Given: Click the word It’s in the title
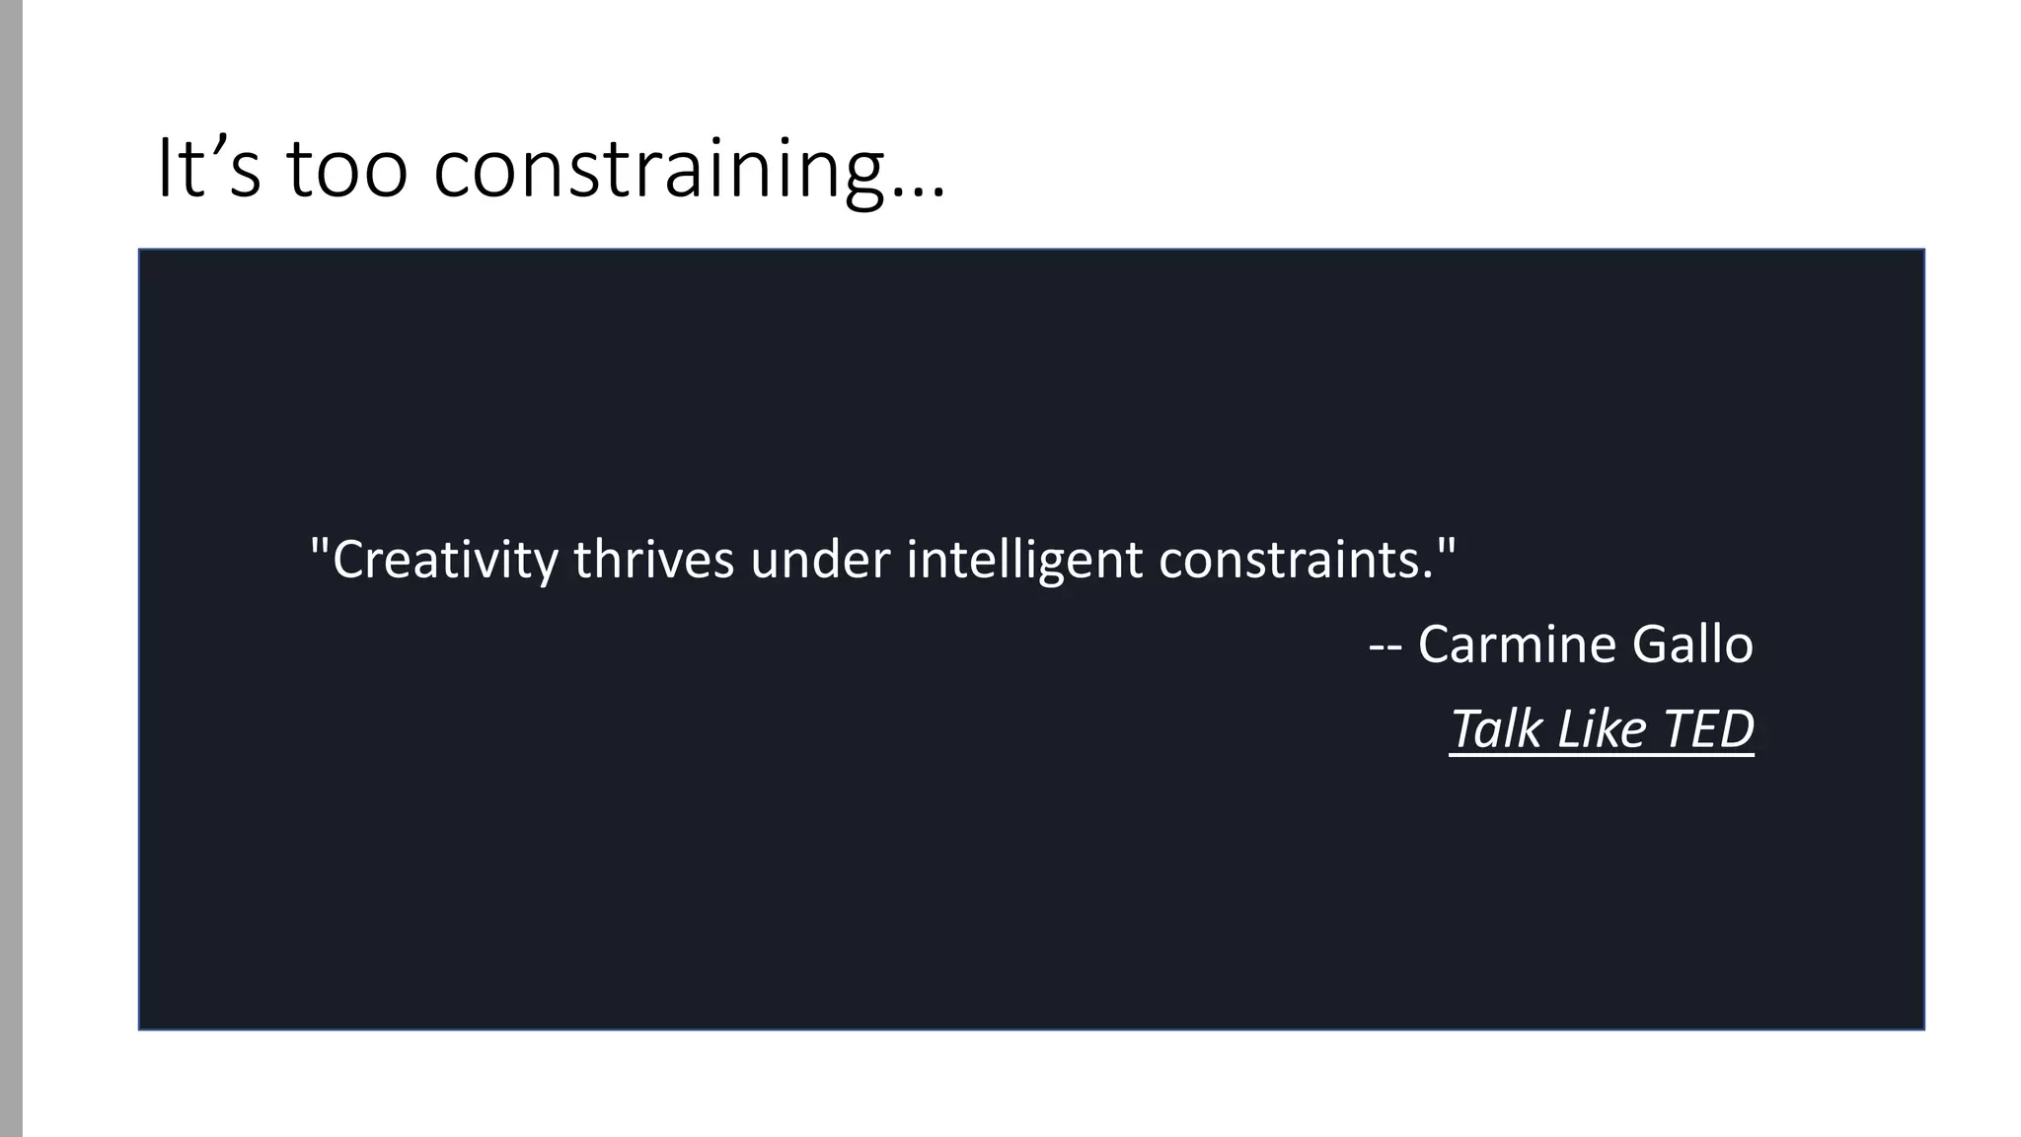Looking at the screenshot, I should pyautogui.click(x=208, y=169).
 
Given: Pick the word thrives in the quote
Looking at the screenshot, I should pyautogui.click(x=653, y=560).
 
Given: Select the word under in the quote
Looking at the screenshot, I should pyautogui.click(x=820, y=560).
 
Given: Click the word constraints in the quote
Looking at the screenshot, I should pyautogui.click(x=1288, y=560).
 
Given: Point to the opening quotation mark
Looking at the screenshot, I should pyautogui.click(x=318, y=545).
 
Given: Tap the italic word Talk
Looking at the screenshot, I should pyautogui.click(x=1495, y=729).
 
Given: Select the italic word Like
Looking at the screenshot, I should pyautogui.click(x=1602, y=729).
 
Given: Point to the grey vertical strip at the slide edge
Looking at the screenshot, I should pyautogui.click(x=11, y=568).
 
